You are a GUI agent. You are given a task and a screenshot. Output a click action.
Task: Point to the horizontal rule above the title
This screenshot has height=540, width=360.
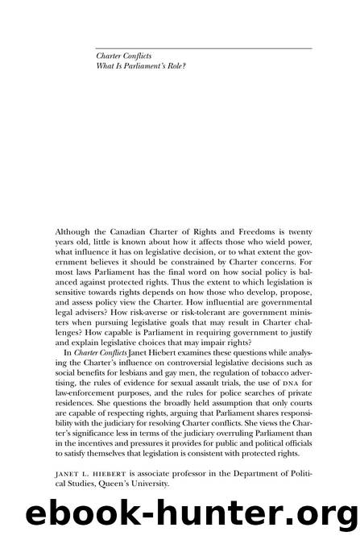click(201, 49)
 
